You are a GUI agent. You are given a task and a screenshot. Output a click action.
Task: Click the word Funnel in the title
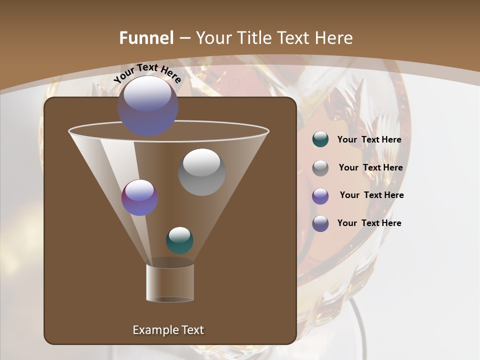point(146,38)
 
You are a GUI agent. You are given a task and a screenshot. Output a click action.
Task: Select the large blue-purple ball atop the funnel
point(148,106)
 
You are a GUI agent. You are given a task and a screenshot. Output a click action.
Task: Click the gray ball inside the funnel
point(201,172)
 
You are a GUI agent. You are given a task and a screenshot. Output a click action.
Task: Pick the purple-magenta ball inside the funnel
point(140,197)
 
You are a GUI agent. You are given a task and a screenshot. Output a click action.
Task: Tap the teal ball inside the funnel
point(179,240)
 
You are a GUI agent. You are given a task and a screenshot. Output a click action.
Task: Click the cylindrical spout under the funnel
point(170,282)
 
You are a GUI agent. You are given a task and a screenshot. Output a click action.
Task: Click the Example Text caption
point(168,330)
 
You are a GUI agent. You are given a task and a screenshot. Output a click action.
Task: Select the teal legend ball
point(320,139)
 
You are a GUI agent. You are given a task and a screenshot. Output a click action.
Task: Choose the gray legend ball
point(320,168)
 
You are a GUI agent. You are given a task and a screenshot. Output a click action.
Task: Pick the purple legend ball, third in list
point(320,196)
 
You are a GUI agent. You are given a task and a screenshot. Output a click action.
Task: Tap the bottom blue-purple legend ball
point(320,223)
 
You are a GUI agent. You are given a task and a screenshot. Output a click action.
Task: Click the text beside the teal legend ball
point(369,140)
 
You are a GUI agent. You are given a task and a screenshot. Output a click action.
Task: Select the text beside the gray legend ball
point(370,168)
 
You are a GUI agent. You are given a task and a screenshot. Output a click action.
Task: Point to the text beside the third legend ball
point(371,195)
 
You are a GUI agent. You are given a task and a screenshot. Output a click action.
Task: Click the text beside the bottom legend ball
point(369,223)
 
